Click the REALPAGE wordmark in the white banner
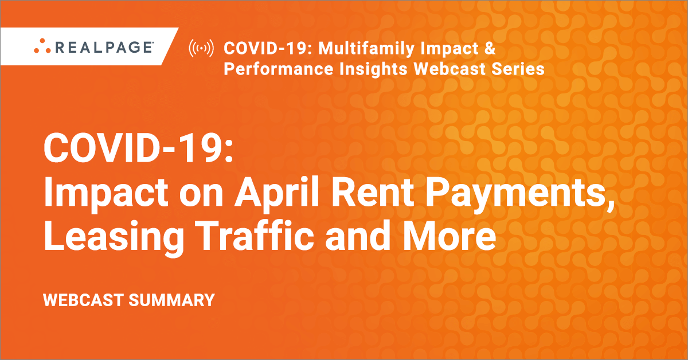[104, 47]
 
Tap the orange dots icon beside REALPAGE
[42, 46]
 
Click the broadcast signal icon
[201, 48]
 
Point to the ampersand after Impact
[490, 48]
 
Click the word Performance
[279, 68]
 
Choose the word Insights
[373, 69]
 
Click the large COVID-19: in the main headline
[138, 148]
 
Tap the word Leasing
[114, 236]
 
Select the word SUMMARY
[171, 300]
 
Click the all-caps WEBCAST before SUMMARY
[84, 300]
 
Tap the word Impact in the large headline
[106, 194]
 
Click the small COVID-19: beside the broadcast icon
[268, 48]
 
